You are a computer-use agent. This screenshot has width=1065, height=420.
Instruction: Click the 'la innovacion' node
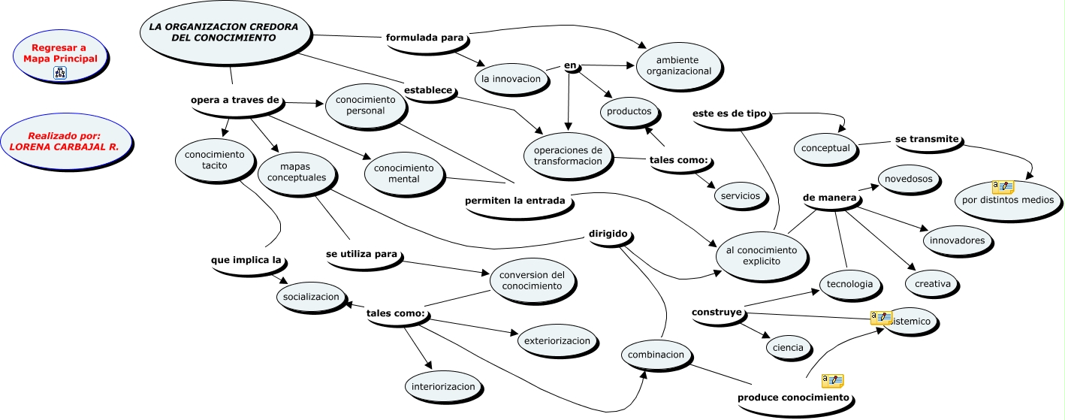pos(511,79)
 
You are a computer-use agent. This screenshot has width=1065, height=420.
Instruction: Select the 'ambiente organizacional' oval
pos(678,65)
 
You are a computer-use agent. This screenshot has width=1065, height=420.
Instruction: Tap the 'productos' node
pos(629,111)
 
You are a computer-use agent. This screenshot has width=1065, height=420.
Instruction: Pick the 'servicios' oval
pos(741,195)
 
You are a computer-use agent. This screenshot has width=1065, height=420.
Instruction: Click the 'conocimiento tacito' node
pos(214,160)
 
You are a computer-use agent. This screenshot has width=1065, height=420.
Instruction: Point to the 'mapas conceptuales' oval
pos(297,172)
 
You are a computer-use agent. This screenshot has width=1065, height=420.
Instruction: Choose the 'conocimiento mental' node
pos(404,173)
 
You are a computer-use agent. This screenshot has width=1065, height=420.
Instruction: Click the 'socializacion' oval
pos(312,297)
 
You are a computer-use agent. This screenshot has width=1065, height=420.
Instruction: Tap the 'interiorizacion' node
pos(443,386)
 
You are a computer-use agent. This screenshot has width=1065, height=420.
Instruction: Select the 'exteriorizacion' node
pos(557,340)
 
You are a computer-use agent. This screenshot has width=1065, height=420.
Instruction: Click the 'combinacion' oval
pos(656,355)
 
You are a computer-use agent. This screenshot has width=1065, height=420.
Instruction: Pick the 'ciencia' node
pos(788,347)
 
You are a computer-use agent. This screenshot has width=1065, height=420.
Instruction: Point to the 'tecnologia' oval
pos(849,284)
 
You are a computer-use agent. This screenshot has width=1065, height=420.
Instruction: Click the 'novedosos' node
pos(909,179)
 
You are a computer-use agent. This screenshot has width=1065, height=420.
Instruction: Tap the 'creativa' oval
pos(932,283)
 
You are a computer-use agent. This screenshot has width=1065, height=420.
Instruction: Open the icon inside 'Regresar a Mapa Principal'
pos(60,72)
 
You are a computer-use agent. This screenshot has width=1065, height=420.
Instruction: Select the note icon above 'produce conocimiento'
pos(832,380)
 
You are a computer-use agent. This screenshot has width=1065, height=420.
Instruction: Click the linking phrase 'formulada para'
pos(424,38)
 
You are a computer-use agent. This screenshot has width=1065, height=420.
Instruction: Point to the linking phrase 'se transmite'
pos(927,139)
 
